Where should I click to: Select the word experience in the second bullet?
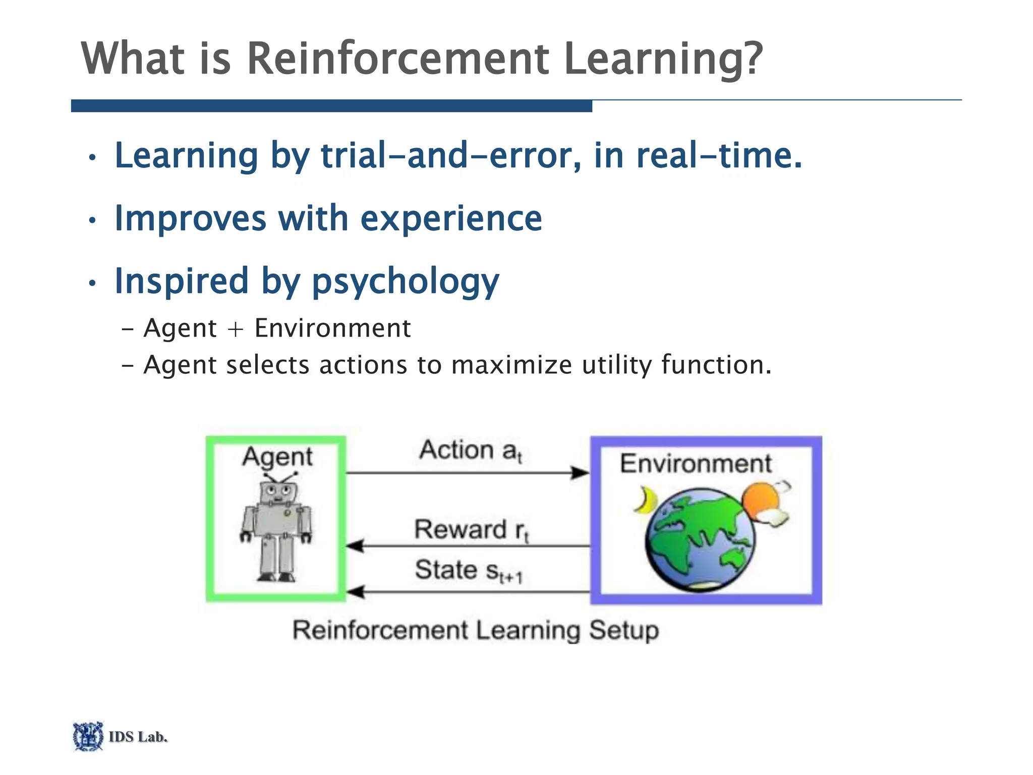(x=451, y=219)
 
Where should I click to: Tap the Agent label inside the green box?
(x=277, y=457)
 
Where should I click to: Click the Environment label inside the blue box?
(x=695, y=463)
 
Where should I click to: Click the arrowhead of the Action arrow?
(x=580, y=473)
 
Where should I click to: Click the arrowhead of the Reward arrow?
(x=355, y=546)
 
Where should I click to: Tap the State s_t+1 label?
(x=468, y=571)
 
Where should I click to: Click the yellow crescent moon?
(x=644, y=500)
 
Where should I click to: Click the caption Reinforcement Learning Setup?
(x=475, y=631)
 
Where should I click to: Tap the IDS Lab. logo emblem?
(x=88, y=736)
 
